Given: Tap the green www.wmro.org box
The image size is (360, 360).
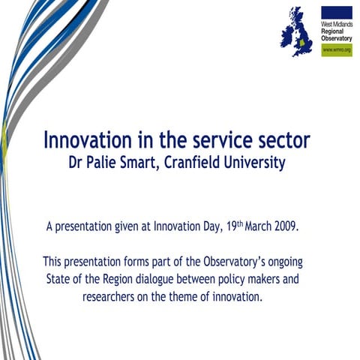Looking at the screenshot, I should pos(337,49).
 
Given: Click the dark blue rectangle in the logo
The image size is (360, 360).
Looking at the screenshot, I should pos(337,13).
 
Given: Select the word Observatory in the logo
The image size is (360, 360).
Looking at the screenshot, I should pos(337,37).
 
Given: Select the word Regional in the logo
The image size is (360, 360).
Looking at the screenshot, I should pos(333,31).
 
